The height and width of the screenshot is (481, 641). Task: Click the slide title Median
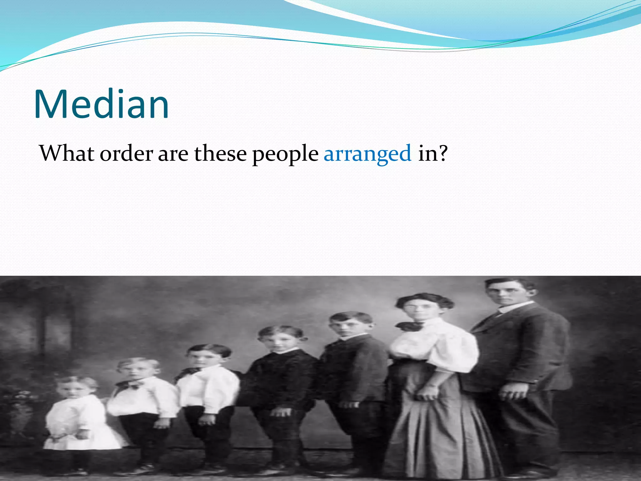(x=102, y=104)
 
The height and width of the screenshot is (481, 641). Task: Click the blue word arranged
(x=367, y=154)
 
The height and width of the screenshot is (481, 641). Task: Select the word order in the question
(x=126, y=154)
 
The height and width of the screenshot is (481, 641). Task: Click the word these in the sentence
(x=220, y=154)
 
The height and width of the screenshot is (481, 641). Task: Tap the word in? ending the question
(x=433, y=154)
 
